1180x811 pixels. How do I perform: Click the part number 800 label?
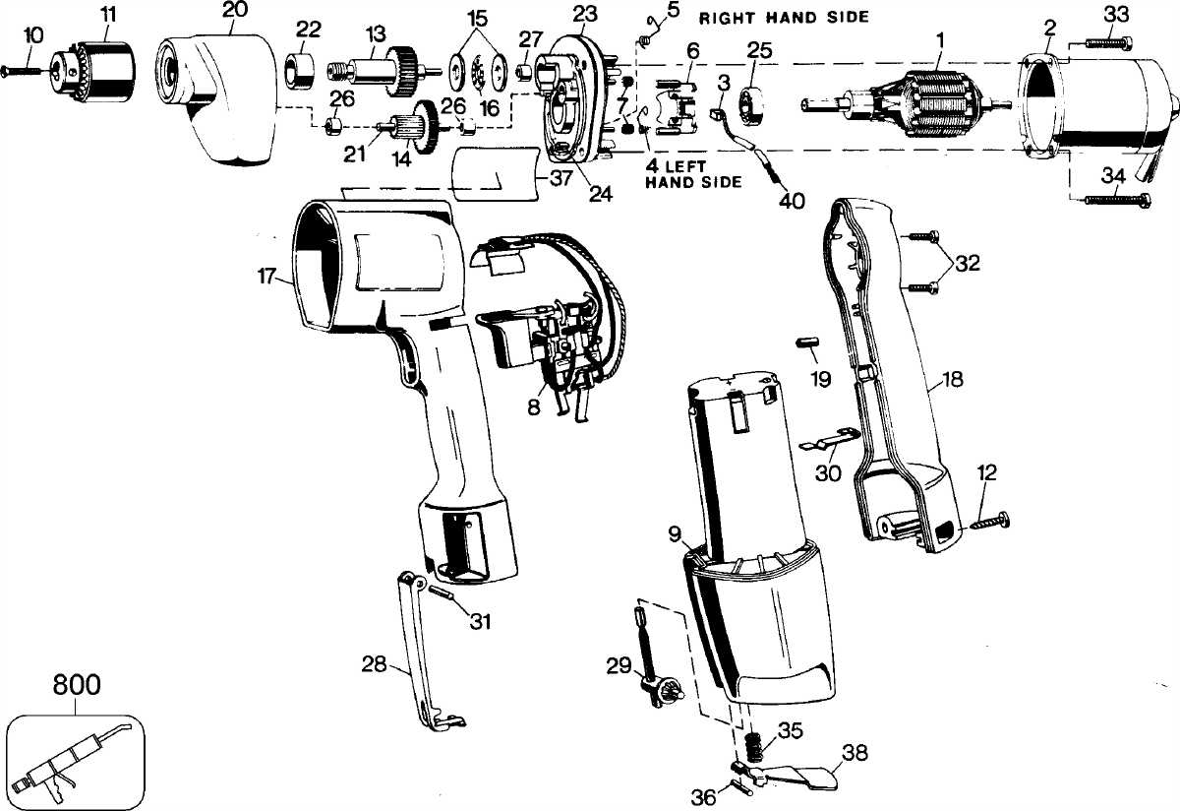pyautogui.click(x=77, y=685)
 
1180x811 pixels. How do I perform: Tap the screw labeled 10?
pyautogui.click(x=21, y=70)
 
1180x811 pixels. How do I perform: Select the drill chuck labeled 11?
pyautogui.click(x=93, y=71)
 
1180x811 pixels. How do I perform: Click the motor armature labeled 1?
pyautogui.click(x=906, y=104)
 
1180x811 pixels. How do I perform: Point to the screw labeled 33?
pyautogui.click(x=1108, y=42)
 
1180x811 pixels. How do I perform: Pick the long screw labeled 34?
pyautogui.click(x=1117, y=200)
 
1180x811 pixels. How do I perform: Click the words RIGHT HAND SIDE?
pyautogui.click(x=784, y=18)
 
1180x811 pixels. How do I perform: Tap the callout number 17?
pyautogui.click(x=266, y=276)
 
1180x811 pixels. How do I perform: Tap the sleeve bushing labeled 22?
pyautogui.click(x=300, y=70)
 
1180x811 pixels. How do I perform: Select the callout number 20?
pyautogui.click(x=234, y=10)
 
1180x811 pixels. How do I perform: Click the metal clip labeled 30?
pyautogui.click(x=831, y=439)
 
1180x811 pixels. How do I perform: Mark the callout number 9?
pyautogui.click(x=675, y=534)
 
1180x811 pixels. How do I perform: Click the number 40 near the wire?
pyautogui.click(x=792, y=201)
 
